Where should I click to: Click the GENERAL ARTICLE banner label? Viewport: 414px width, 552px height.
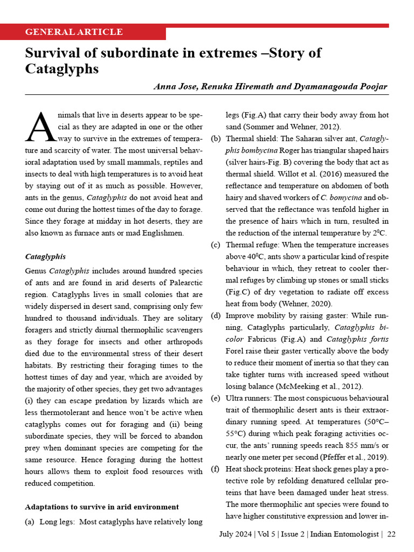(74, 32)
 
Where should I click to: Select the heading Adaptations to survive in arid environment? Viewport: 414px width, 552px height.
(102, 507)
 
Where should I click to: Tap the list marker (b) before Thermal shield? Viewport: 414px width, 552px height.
(215, 139)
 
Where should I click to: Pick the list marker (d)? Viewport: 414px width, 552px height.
(215, 315)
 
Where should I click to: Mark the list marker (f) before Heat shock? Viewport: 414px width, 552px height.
(215, 469)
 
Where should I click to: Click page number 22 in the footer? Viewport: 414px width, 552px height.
(391, 534)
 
